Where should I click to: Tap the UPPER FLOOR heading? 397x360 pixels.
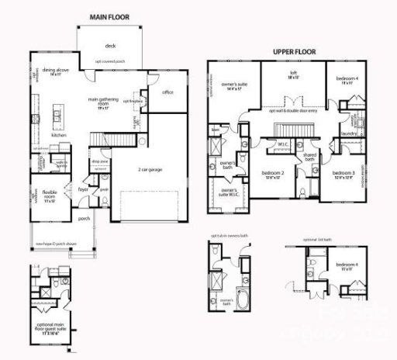[296, 52]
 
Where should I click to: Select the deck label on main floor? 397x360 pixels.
[109, 45]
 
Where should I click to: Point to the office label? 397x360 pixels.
[167, 92]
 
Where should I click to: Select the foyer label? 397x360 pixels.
[83, 187]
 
